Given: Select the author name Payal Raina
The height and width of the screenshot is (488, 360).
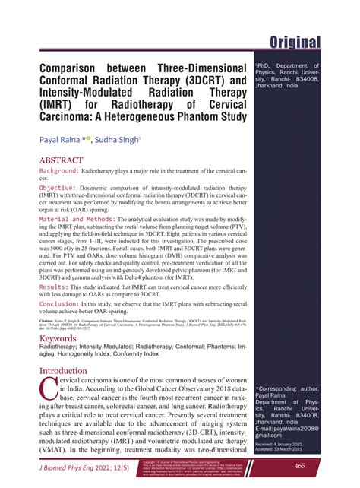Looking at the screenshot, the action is pos(65,141).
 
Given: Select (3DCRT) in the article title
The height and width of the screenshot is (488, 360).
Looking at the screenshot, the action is pos(196,78).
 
